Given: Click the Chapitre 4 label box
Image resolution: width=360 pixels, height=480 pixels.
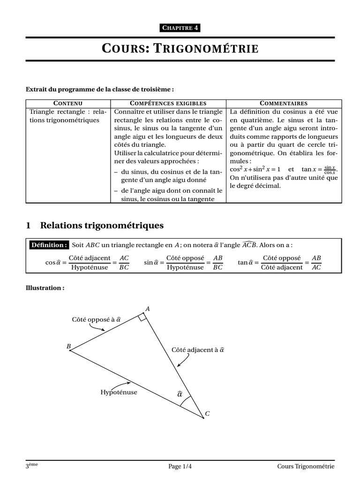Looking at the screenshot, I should tap(180, 28).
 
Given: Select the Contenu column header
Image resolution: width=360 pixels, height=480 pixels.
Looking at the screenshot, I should tap(68, 103).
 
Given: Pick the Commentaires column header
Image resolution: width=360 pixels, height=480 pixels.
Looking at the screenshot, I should tap(284, 103).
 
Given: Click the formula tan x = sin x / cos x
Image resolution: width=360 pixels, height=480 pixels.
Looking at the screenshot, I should tap(319, 169).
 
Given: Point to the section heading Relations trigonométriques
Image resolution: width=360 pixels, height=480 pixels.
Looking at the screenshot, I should tap(102, 225).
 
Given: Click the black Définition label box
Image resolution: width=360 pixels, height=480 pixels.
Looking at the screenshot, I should tap(49, 245).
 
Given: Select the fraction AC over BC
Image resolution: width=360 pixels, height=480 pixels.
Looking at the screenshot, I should tap(124, 263).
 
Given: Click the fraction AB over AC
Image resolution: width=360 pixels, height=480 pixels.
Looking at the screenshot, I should tap(316, 263).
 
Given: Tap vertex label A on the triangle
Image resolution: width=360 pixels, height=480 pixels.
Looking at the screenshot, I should tap(148, 308).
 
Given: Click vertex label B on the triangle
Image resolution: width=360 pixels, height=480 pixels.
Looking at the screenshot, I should tap(68, 346).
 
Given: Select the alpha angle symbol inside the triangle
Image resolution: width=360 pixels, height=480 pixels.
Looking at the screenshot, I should tap(180, 394).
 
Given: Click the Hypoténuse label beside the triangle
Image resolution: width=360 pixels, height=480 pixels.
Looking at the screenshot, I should tap(119, 392).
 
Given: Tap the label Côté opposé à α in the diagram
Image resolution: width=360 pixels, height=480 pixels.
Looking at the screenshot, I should tap(97, 319).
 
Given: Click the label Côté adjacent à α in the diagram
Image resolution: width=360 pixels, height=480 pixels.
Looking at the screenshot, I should tap(197, 350).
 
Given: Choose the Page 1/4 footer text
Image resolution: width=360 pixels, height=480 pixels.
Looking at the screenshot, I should tap(180, 466).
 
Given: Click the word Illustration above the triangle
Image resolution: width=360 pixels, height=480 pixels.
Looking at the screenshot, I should tap(44, 288).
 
